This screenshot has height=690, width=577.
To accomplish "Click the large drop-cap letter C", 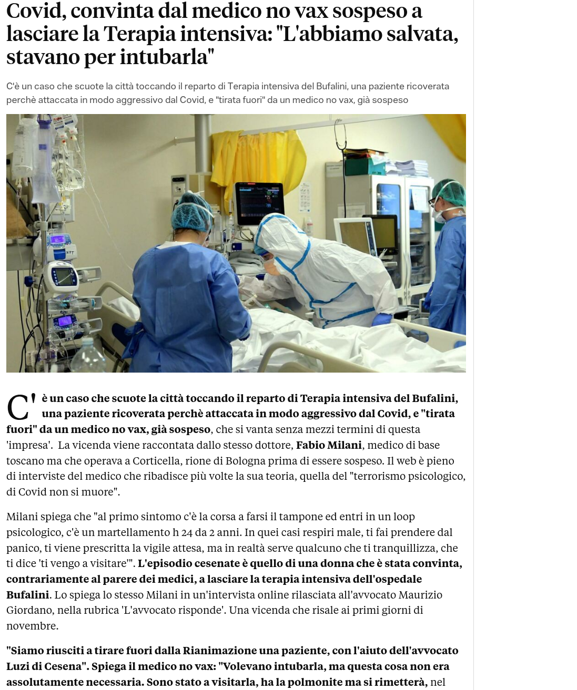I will (x=18, y=408).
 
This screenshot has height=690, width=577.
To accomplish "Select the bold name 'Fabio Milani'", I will (x=329, y=445).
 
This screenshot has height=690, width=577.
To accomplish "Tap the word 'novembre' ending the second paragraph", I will (x=31, y=626).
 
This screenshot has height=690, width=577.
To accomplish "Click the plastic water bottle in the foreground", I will (x=89, y=357).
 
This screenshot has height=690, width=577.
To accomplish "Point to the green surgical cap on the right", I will (x=449, y=192).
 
